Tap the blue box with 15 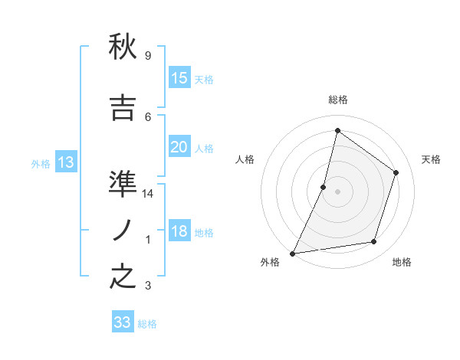pos(179,78)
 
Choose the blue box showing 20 pos(179,147)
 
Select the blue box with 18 pos(179,231)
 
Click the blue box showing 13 pos(65,162)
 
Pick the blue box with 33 pos(123,322)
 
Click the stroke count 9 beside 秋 pos(148,56)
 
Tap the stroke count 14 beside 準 pos(148,194)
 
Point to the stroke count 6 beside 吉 pos(148,116)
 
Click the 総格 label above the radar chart pos(337,100)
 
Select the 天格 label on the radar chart pos(432,159)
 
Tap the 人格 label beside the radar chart pos(245,159)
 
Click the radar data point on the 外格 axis pos(292,253)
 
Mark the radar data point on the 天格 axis pos(396,172)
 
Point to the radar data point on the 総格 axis pos(337,131)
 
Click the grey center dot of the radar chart pos(337,191)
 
